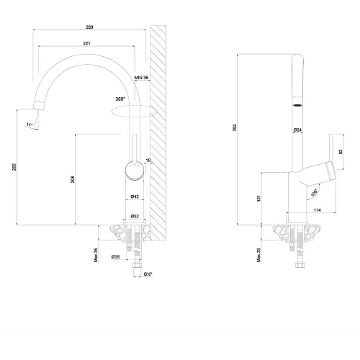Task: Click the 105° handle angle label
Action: coord(314,192)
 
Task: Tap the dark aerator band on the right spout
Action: coord(294,104)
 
